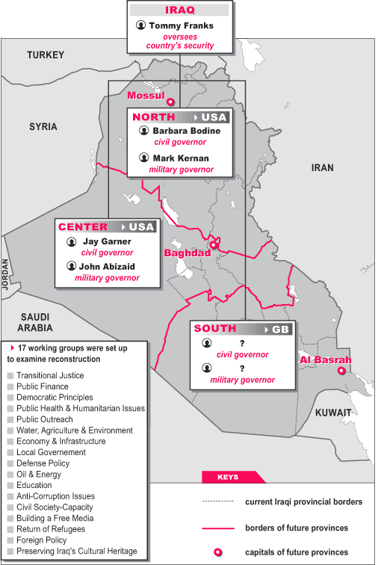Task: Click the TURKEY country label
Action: pyautogui.click(x=46, y=55)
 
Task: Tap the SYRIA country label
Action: pyautogui.click(x=43, y=126)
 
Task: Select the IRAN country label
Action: pyautogui.click(x=322, y=167)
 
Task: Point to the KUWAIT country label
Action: pyautogui.click(x=332, y=413)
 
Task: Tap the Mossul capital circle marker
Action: pyautogui.click(x=170, y=102)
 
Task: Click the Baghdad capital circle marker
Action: pyautogui.click(x=213, y=244)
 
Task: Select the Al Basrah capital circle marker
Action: pyautogui.click(x=341, y=371)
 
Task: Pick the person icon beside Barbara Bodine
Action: pyautogui.click(x=143, y=131)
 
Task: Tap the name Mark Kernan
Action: pyautogui.click(x=181, y=158)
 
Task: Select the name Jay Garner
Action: pyautogui.click(x=106, y=241)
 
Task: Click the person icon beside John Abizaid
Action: pyautogui.click(x=72, y=265)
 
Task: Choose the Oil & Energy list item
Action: pyautogui.click(x=40, y=473)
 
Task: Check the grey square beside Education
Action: pyautogui.click(x=10, y=484)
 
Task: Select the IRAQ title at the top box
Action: pyautogui.click(x=179, y=10)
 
